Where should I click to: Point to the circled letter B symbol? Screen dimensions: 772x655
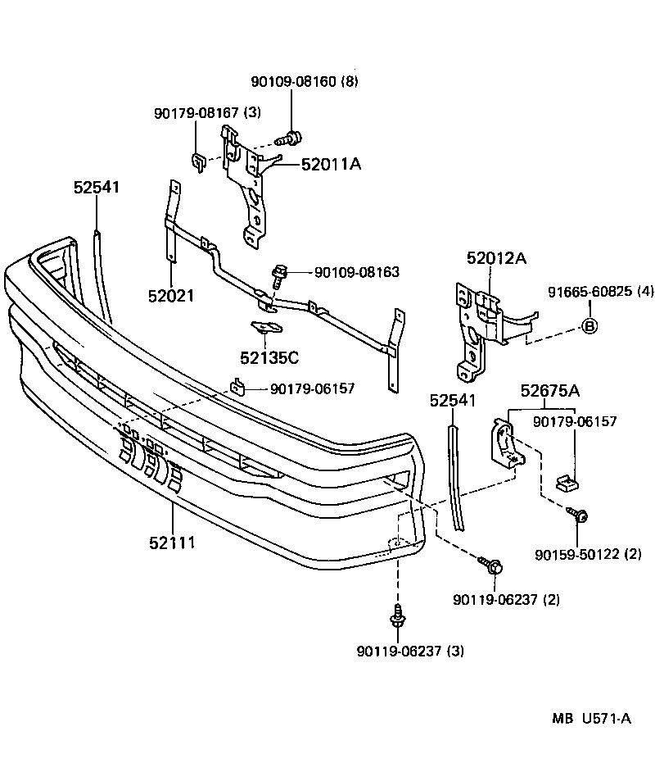589,326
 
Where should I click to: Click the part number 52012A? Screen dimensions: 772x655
496,259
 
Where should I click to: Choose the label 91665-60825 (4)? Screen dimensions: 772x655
601,292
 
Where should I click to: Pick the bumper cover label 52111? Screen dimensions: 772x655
172,543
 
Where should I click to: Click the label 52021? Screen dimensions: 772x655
171,295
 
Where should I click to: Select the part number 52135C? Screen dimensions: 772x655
269,357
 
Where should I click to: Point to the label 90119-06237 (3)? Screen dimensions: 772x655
410,652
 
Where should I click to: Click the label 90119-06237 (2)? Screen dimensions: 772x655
506,599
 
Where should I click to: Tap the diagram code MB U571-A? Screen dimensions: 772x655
590,719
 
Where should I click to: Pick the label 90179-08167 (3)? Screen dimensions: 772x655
207,112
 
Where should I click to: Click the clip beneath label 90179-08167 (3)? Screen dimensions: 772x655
199,161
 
